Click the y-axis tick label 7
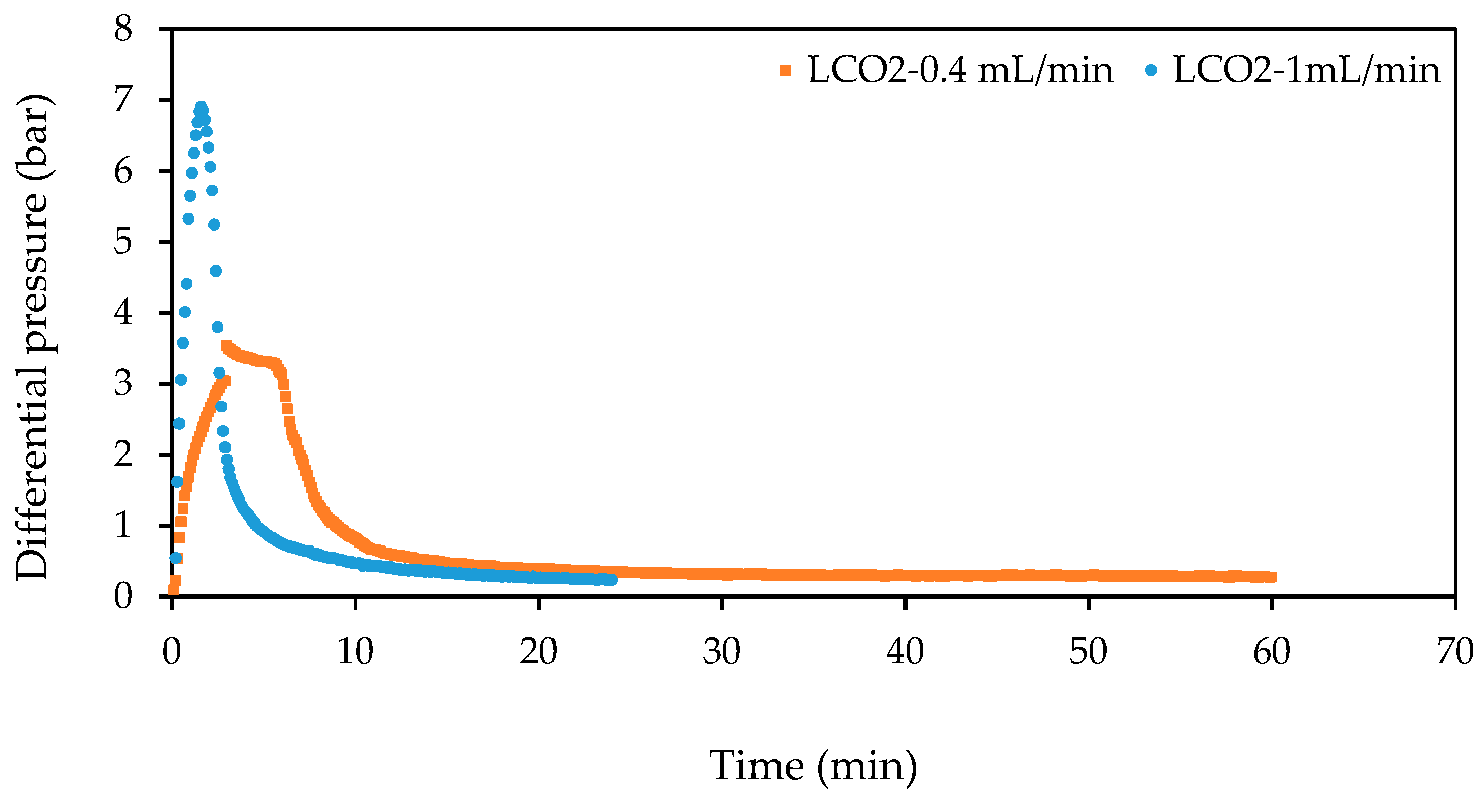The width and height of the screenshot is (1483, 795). coord(123,100)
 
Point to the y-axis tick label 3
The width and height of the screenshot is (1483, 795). coord(123,383)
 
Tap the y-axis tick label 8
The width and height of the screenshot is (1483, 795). coord(123,29)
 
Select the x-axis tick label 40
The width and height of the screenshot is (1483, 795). coord(905,652)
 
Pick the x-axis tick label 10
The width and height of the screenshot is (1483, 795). coord(355,652)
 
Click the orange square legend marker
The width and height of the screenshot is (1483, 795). coord(785,71)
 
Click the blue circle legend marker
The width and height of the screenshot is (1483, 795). coord(1151,71)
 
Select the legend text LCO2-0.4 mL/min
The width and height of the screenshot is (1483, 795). coord(960,71)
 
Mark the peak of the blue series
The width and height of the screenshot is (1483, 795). coord(201,107)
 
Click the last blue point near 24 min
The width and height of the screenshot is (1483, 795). coord(612,580)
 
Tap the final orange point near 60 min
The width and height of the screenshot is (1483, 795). coord(1273,577)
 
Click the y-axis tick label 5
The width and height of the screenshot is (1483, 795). coord(123,242)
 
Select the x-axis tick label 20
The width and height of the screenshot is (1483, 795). coord(538,652)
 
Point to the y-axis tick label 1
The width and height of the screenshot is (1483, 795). coord(123,526)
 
